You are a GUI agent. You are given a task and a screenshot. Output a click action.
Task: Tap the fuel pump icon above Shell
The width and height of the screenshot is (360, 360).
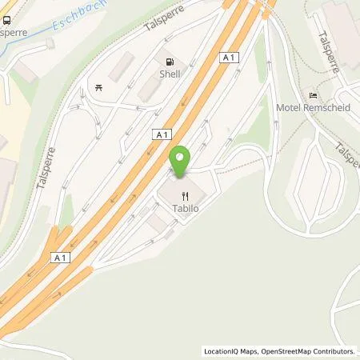point(169,62)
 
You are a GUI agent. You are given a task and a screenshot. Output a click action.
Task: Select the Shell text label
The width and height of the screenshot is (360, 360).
point(169,74)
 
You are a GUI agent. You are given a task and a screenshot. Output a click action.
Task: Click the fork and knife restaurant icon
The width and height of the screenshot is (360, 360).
point(186,194)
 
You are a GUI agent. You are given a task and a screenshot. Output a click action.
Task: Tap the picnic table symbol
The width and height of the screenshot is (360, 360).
point(98,87)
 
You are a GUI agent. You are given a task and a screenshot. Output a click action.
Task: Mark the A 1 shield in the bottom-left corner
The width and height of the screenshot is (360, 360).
point(59,257)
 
